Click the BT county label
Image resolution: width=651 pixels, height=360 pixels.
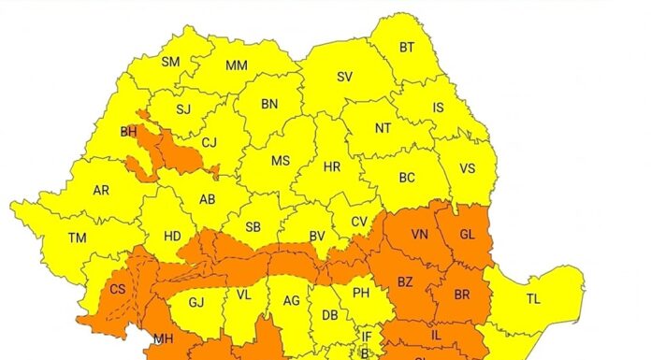[407, 48]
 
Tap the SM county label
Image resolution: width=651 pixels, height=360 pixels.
[170, 63]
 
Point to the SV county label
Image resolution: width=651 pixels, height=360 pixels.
[345, 78]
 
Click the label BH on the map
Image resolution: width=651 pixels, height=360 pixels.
[129, 132]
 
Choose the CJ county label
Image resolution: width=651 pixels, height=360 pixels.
[210, 143]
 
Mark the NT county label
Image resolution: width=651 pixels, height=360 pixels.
[383, 128]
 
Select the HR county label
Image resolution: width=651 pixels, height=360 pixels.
[331, 167]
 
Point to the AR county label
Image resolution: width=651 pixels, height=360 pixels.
[101, 191]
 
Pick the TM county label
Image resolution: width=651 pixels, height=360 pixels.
[77, 238]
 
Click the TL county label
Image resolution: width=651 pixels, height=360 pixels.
[533, 299]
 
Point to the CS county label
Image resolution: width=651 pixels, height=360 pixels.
[118, 290]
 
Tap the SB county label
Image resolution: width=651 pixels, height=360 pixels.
[253, 227]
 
